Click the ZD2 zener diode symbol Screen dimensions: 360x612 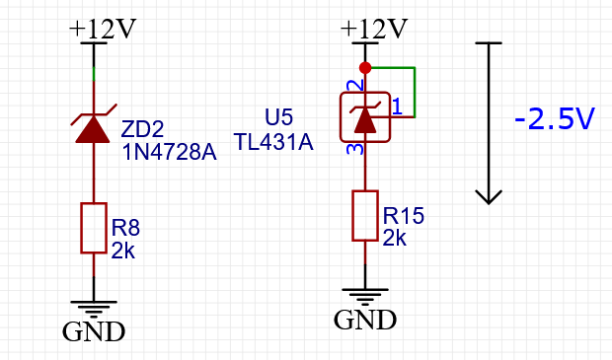(x=93, y=127)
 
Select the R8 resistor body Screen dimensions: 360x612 (x=93, y=228)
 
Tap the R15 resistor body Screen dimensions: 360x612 (x=365, y=216)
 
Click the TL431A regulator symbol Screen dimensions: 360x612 (x=365, y=118)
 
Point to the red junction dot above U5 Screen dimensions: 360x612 (x=365, y=68)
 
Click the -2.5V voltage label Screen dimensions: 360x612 (x=555, y=120)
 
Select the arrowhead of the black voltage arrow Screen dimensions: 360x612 (x=489, y=193)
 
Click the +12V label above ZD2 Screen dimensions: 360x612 (x=102, y=29)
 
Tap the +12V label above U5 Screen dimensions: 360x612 (x=374, y=29)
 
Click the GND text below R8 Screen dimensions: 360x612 (x=94, y=330)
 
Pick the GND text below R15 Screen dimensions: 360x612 (x=365, y=320)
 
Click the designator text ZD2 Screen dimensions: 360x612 (x=142, y=129)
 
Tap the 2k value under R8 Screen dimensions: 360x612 (x=122, y=251)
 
